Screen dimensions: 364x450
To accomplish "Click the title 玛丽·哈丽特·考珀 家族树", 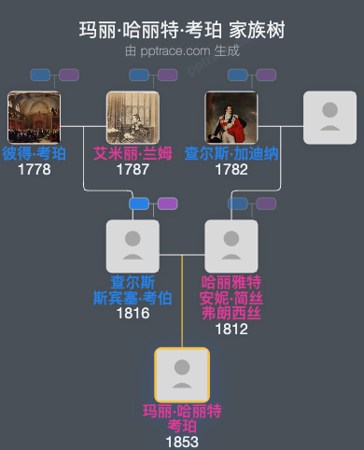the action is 182,31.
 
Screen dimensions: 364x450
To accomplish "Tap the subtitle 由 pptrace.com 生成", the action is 182,50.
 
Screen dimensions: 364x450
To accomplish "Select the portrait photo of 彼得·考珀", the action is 34,118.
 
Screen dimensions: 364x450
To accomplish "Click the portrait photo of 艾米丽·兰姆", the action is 133,118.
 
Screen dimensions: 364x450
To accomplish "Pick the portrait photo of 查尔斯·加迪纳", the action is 231,118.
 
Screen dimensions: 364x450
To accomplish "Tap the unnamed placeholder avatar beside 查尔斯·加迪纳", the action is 329,118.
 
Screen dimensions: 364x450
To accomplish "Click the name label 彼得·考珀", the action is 34,154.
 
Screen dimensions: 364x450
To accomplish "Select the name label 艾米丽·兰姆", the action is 133,154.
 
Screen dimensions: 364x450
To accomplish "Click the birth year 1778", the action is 34,170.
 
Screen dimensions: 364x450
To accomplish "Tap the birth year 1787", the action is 133,170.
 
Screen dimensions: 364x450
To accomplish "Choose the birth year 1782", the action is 231,170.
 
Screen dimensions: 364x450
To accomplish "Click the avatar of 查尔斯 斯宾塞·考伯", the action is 133,246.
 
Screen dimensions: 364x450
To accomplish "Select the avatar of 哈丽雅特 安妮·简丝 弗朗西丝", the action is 231,246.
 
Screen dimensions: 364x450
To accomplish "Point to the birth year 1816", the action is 133,313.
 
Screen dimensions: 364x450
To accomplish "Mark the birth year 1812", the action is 231,328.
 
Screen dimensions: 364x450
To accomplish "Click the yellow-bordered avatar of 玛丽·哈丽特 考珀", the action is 182,374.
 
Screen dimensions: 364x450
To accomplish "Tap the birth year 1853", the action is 182,441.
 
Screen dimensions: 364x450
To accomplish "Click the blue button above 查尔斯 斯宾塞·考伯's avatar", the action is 139,204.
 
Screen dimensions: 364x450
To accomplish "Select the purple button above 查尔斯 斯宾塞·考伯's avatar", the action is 167,204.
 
